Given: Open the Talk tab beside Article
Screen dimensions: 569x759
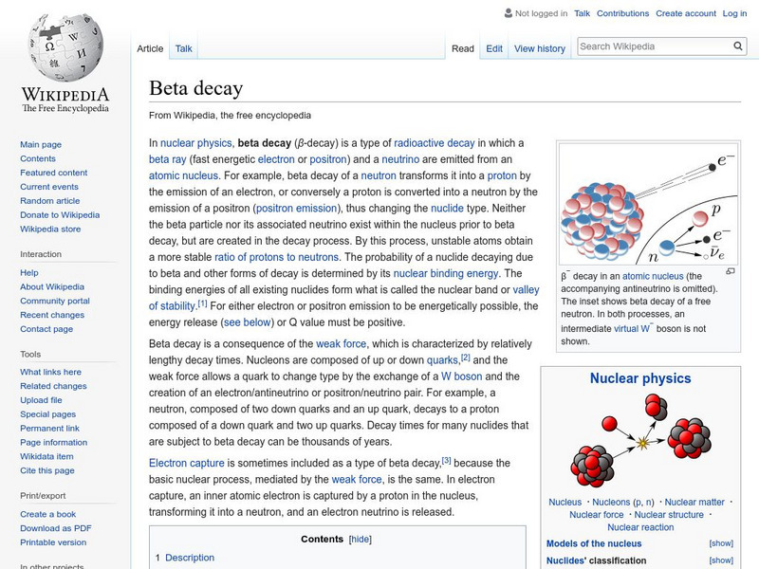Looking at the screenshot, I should pos(184,48).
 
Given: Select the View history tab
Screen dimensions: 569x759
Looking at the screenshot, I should pos(539,48).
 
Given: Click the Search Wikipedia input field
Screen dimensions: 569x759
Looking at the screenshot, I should pos(652,46).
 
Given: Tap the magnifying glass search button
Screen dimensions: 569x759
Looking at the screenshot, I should pos(739,46).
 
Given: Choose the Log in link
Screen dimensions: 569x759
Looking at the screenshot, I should pos(734,13).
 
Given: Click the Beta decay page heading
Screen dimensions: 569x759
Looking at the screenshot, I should pos(195,88).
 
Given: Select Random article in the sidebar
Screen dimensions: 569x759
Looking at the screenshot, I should pos(49,201).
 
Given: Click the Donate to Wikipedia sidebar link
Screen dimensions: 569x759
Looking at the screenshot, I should pos(60,215).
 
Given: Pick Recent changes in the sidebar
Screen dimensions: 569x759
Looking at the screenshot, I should pos(52,315).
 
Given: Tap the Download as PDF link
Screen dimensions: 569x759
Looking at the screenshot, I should pos(55,528).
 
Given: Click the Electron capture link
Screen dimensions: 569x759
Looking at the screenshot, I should pos(186,463).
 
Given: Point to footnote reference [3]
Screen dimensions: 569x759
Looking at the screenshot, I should pos(446,460).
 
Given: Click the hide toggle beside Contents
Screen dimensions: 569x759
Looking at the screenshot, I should pos(361,539).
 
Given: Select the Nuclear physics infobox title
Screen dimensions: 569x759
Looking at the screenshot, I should pos(640,378).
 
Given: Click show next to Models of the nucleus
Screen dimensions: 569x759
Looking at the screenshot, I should pos(721,543).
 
